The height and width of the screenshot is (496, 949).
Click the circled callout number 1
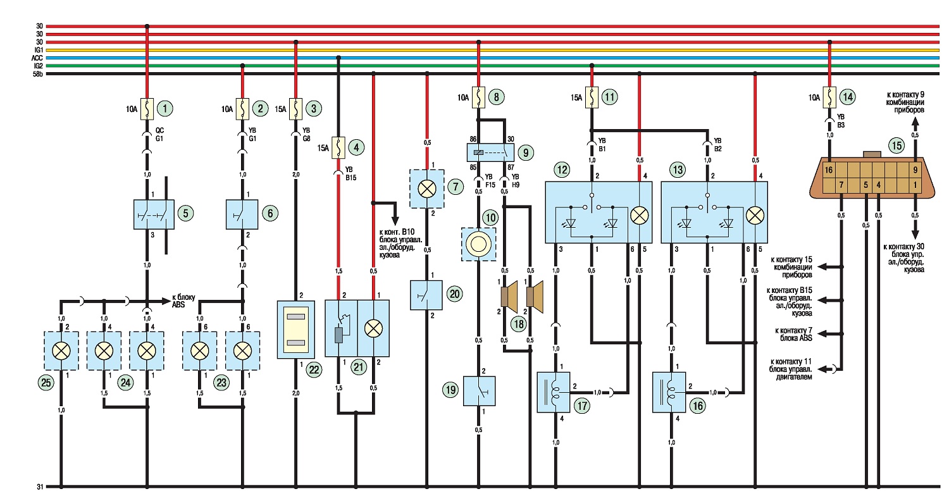point(164,109)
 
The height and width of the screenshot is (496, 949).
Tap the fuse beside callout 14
point(829,97)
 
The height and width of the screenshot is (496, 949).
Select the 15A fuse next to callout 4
point(338,147)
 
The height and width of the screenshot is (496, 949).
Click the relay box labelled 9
point(490,152)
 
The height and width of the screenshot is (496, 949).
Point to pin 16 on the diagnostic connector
point(829,170)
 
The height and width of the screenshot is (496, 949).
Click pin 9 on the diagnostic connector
point(915,170)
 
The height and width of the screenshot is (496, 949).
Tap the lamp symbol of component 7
point(426,189)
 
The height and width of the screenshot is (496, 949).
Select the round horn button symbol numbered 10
point(478,244)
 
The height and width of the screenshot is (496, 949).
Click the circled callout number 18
point(519,325)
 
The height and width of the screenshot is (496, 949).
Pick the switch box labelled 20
point(426,295)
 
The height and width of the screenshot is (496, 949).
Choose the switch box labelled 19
point(479,391)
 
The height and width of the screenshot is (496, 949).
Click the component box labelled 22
point(295,330)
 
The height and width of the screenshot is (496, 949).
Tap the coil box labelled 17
point(554,392)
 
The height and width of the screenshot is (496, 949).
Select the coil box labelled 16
point(669,392)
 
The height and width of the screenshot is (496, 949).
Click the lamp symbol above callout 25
point(61,350)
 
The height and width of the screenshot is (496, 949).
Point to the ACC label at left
point(37,58)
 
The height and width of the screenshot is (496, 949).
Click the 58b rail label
point(38,74)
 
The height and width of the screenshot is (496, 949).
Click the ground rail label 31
point(40,487)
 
